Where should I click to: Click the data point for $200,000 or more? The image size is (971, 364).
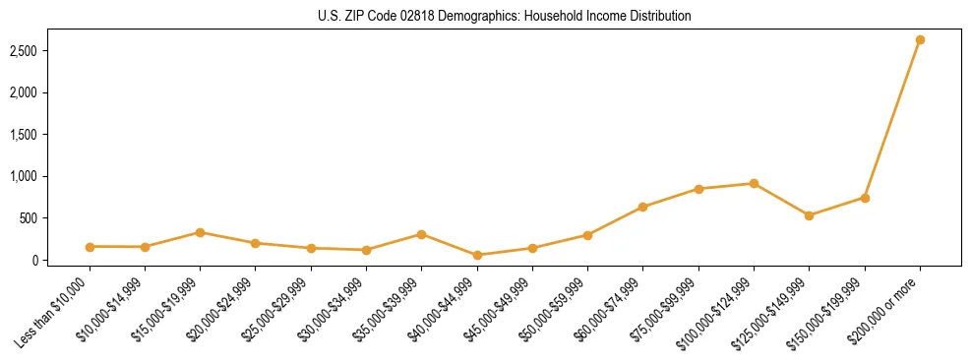(x=920, y=40)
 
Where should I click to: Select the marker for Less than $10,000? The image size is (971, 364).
(x=90, y=247)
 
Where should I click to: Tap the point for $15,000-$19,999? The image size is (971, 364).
(x=200, y=232)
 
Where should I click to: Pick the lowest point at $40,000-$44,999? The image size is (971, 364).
(x=477, y=255)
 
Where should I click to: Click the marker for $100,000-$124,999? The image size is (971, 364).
(x=754, y=183)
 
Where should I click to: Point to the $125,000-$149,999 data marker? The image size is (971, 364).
(x=809, y=215)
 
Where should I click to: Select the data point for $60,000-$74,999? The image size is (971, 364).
(x=642, y=207)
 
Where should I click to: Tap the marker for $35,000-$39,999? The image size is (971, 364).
(x=421, y=234)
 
